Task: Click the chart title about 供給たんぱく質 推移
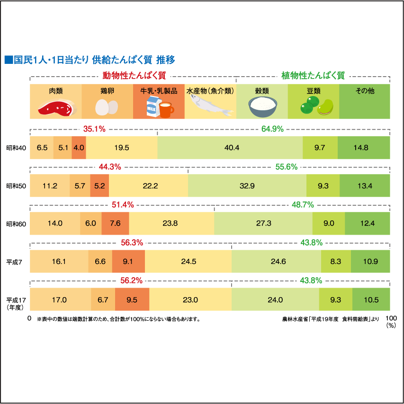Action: point(90,60)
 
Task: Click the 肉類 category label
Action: point(56,91)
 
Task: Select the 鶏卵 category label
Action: point(107,91)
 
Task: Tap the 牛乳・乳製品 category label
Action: point(159,91)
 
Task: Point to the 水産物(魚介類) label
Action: point(210,91)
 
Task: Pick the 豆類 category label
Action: point(314,91)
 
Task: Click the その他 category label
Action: point(364,91)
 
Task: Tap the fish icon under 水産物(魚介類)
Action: point(211,105)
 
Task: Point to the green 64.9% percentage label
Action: point(272,129)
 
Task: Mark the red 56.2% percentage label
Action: point(132,281)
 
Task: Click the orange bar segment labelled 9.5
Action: point(133,299)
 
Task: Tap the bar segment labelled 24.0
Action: point(275,299)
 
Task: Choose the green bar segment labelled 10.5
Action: point(372,299)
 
